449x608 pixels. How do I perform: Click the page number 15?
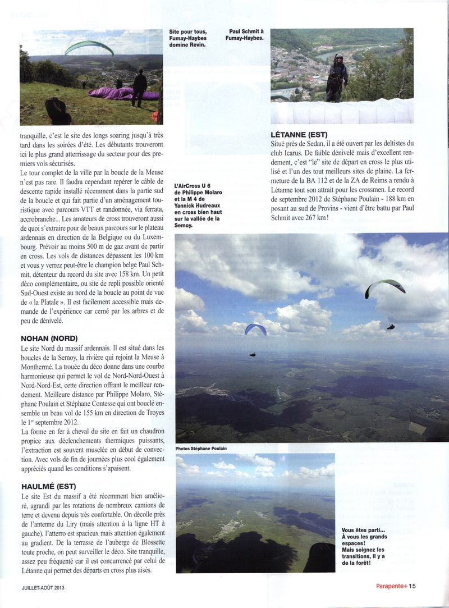coord(412,587)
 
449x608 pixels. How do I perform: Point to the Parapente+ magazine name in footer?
coord(391,587)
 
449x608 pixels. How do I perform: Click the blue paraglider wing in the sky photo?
coord(255,328)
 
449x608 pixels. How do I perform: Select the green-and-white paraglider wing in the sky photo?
coord(385,287)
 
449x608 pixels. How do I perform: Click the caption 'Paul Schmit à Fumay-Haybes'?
coord(250,35)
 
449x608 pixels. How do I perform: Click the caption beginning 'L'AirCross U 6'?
coord(196,205)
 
